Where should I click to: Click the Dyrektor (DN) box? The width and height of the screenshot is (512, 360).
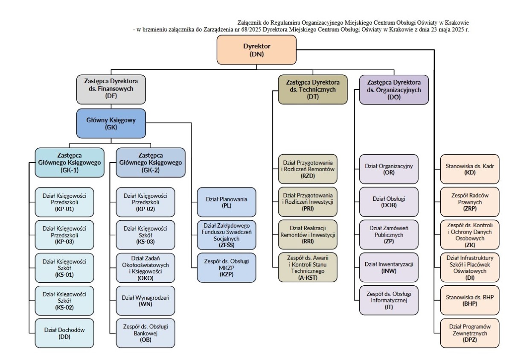pyautogui.click(x=256, y=50)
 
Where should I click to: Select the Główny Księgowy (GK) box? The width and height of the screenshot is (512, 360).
pyautogui.click(x=111, y=123)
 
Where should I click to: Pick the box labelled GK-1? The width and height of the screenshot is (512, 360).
pyautogui.click(x=70, y=162)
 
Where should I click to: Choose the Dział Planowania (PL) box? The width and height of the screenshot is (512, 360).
pyautogui.click(x=227, y=202)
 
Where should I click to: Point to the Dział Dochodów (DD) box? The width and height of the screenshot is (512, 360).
pyautogui.click(x=64, y=333)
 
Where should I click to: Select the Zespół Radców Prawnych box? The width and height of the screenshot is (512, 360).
pyautogui.click(x=470, y=202)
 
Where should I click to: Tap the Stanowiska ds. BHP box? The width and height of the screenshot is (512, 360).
pyautogui.click(x=470, y=300)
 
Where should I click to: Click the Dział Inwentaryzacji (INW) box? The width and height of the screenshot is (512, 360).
pyautogui.click(x=389, y=267)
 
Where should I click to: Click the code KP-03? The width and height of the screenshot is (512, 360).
pyautogui.click(x=64, y=242)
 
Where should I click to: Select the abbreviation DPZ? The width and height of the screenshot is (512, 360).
pyautogui.click(x=470, y=340)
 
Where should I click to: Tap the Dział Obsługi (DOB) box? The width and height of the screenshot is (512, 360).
pyautogui.click(x=389, y=202)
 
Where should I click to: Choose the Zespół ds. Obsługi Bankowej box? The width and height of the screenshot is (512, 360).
pyautogui.click(x=145, y=333)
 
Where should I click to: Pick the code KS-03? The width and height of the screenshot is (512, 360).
pyautogui.click(x=145, y=242)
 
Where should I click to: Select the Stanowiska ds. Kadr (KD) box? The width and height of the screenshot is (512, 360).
pyautogui.click(x=470, y=169)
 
